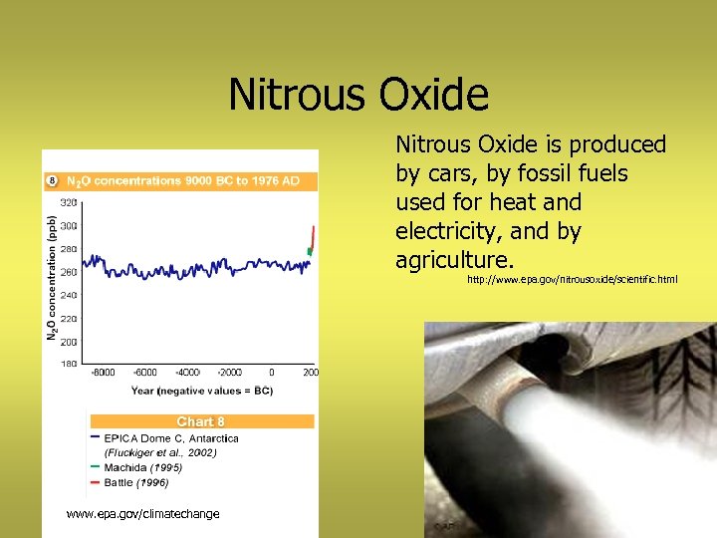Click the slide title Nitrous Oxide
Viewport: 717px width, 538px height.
(x=358, y=96)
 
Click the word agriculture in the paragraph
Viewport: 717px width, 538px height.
(x=453, y=261)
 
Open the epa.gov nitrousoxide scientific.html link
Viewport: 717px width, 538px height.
(x=572, y=280)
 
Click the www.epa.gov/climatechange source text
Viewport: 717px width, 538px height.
(x=142, y=514)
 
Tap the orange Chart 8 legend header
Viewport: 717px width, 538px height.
(x=201, y=421)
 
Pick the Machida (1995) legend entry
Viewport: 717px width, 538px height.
(x=144, y=467)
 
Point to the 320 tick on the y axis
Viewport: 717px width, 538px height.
(x=68, y=202)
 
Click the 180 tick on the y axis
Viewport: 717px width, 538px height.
(x=68, y=365)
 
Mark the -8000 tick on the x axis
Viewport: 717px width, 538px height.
(x=102, y=373)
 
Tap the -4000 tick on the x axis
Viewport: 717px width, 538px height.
(x=188, y=373)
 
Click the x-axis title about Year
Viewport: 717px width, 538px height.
(x=202, y=390)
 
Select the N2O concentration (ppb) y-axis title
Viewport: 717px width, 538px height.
(x=52, y=279)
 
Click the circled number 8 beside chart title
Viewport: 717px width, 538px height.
(x=52, y=181)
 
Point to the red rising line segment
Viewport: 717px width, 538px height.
(x=312, y=237)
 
